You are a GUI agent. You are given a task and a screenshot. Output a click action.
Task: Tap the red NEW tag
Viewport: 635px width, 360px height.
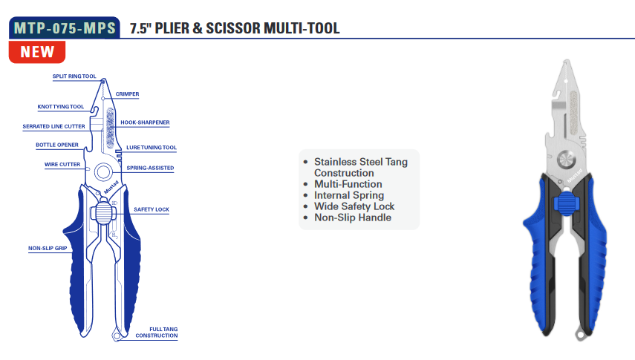[x=37, y=52]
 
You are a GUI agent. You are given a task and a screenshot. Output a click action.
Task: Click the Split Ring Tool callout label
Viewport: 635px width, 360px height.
[x=74, y=76]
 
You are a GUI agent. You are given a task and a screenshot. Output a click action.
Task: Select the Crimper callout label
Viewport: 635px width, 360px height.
[x=127, y=94]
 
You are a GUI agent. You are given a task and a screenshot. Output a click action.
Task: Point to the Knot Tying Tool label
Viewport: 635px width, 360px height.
[x=61, y=107]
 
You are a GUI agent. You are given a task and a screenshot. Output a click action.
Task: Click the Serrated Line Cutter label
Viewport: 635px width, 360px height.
[x=53, y=127]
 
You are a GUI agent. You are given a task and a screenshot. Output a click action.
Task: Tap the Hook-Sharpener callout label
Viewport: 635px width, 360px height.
[x=145, y=122]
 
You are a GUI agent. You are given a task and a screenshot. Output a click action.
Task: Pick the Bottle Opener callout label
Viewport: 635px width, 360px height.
[x=57, y=145]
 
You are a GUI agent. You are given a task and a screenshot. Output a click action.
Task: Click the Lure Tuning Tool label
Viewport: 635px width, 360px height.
[x=152, y=148]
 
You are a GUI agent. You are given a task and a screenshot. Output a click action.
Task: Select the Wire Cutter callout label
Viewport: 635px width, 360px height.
[x=62, y=165]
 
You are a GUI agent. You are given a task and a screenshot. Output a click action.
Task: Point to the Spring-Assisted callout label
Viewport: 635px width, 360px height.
[x=150, y=168]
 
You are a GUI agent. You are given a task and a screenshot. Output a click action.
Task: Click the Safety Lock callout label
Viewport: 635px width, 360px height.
[x=152, y=210]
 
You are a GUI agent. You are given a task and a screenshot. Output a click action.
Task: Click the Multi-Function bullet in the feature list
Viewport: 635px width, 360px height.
[x=348, y=184]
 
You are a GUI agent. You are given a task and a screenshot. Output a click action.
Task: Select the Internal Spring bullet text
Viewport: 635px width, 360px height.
[x=348, y=195]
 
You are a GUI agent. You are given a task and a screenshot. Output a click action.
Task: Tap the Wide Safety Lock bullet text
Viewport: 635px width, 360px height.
[x=354, y=206]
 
